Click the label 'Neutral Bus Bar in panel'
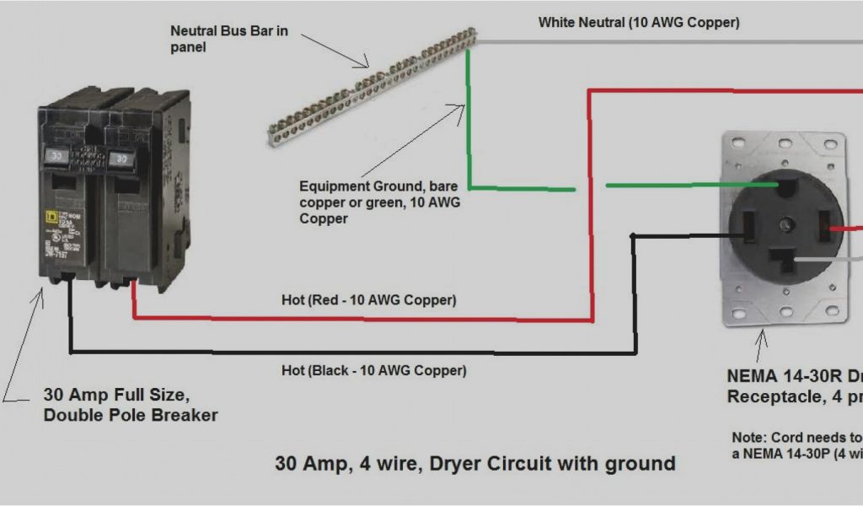[x=229, y=39]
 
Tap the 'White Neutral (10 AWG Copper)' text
[x=639, y=23]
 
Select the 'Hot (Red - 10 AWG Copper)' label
[x=369, y=299]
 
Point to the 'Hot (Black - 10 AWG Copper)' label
[x=373, y=369]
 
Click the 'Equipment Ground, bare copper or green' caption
[x=380, y=202]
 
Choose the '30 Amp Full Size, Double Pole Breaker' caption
[x=131, y=404]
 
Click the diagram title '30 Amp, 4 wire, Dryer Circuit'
[x=474, y=463]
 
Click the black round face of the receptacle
[x=785, y=226]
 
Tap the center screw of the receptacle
[x=786, y=224]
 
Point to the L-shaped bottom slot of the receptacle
[x=793, y=260]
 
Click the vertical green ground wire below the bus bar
[x=469, y=126]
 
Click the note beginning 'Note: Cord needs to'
[x=796, y=445]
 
